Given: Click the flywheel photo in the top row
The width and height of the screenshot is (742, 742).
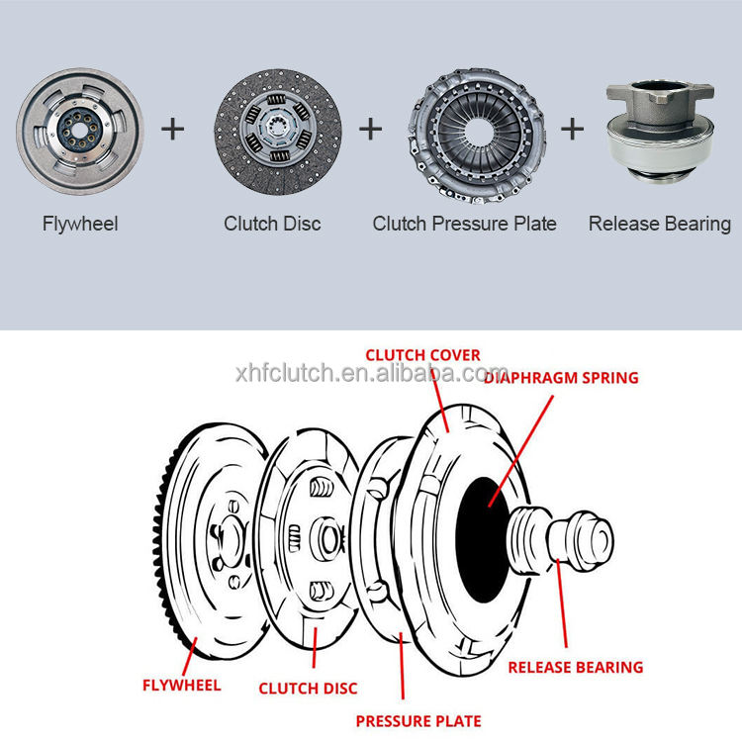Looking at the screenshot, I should [x=79, y=129].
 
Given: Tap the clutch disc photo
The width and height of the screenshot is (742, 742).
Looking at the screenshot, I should [x=278, y=129].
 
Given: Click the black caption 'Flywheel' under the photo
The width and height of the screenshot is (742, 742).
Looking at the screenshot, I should [x=80, y=224].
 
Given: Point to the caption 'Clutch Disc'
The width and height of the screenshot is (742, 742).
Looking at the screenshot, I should [x=272, y=224].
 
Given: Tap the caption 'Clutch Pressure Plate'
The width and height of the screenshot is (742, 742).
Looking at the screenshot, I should [x=464, y=224].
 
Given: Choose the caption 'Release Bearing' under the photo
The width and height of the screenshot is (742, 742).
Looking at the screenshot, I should [x=660, y=224].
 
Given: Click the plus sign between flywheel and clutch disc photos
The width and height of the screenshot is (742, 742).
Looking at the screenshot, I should [x=173, y=129].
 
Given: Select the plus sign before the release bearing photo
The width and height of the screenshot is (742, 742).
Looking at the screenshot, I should [x=573, y=129].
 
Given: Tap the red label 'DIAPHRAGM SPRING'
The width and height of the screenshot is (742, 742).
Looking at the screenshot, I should [x=562, y=377].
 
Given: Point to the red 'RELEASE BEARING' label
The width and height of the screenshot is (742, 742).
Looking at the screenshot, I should [x=575, y=667].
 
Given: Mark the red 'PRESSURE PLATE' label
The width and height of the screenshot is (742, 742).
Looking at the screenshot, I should [x=418, y=721].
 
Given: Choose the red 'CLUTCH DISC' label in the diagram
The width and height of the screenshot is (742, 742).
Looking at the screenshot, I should [x=308, y=688].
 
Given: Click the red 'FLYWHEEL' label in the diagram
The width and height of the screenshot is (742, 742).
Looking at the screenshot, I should [x=181, y=684].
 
